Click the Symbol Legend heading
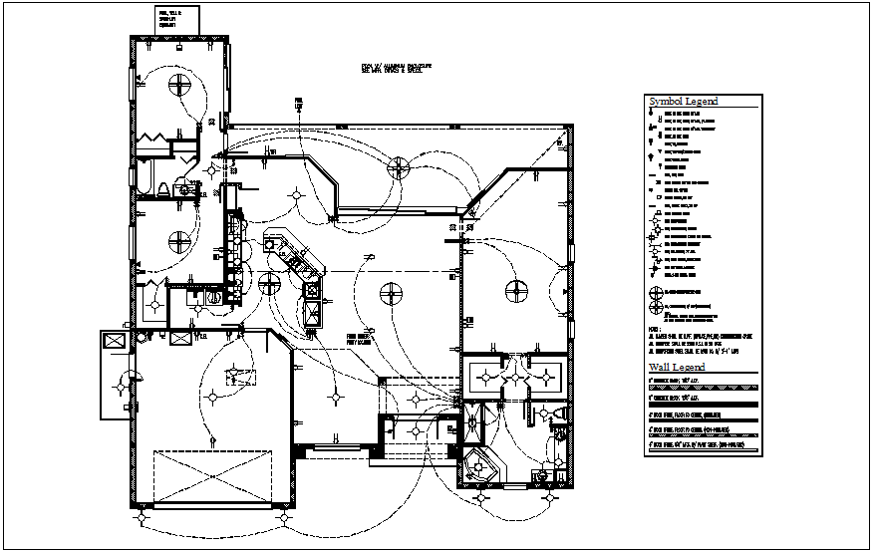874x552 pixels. (684, 102)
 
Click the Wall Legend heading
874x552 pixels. (677, 368)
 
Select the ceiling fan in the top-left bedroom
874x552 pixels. (179, 83)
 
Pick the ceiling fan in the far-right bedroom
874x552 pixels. (516, 291)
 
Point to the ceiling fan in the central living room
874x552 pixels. (392, 294)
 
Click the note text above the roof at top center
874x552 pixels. (396, 70)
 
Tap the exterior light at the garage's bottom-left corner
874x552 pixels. (140, 517)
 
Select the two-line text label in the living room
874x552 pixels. (359, 339)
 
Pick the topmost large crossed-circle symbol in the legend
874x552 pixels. (656, 293)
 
